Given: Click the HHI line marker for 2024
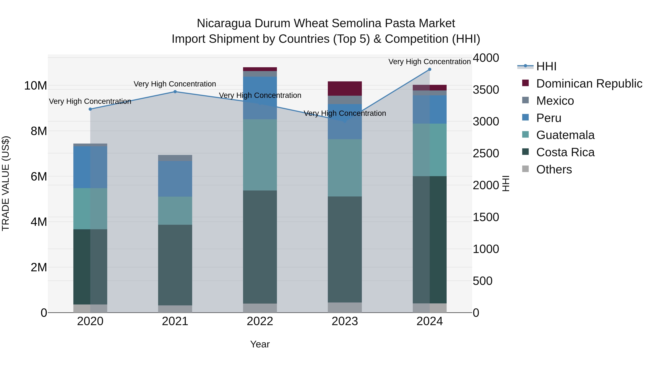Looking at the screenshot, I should pos(430,69).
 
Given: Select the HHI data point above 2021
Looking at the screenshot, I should pos(175,92).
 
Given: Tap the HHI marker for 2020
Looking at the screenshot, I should pos(90,109).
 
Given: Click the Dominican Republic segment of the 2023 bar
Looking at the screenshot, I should pos(345,89).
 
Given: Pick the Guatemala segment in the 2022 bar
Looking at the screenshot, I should pos(260,155).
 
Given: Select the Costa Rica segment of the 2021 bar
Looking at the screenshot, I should pos(175,265).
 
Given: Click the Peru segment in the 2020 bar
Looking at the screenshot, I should pos(90,167).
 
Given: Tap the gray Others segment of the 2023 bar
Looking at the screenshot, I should pos(345,308).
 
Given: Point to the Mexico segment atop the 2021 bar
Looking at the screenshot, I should pos(175,158).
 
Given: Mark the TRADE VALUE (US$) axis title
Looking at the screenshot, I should pos(6,183).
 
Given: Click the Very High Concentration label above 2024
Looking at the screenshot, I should pos(430,62).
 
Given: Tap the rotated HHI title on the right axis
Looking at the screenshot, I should pos(506,183).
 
